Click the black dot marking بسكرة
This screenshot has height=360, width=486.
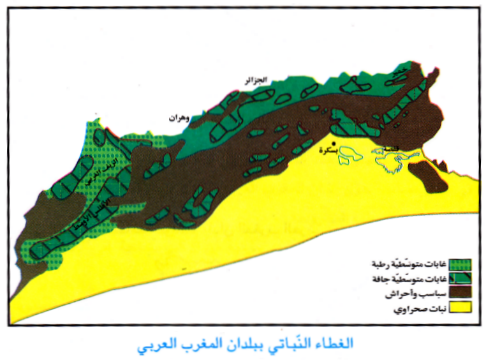click(x=333, y=144)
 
